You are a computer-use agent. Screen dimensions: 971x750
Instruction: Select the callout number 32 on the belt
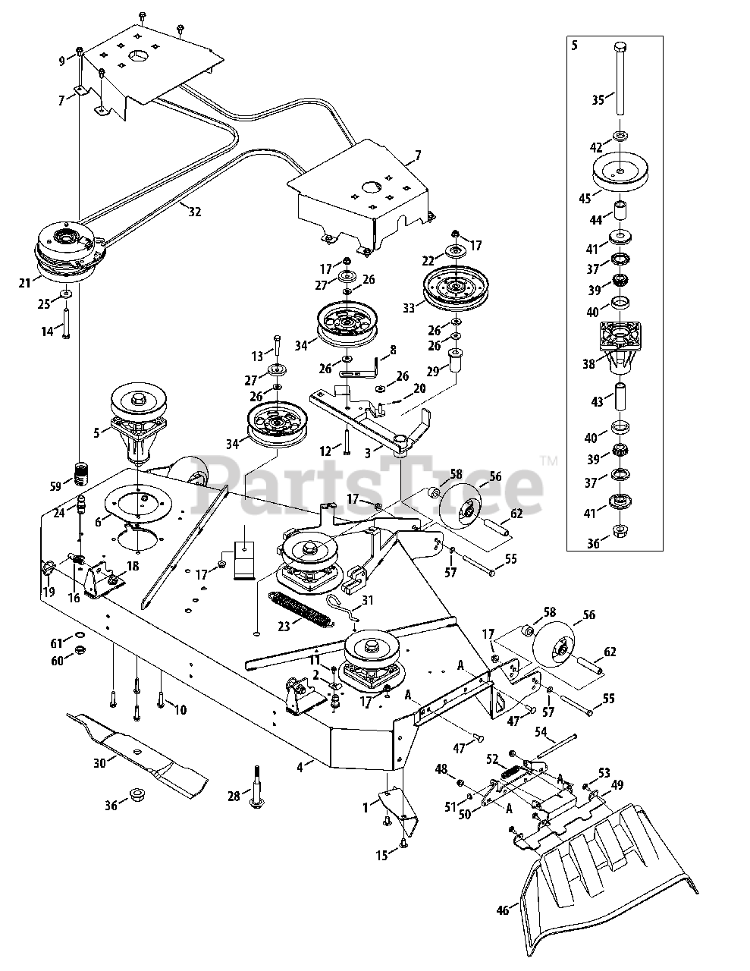(195, 212)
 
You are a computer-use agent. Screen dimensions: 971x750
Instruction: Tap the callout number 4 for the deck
(300, 767)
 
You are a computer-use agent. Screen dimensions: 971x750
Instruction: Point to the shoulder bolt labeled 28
(255, 788)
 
